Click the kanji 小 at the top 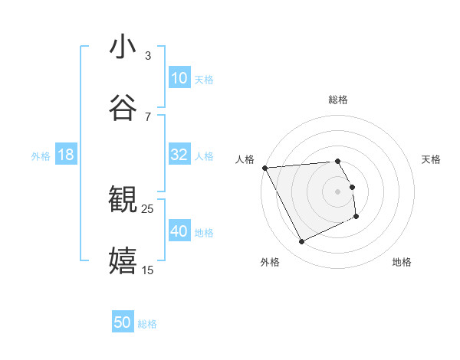pyautogui.click(x=123, y=47)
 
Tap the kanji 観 pyautogui.click(x=123, y=200)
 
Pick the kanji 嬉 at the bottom pyautogui.click(x=123, y=260)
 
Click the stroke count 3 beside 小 pyautogui.click(x=148, y=56)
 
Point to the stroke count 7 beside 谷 pyautogui.click(x=148, y=116)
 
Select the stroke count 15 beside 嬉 pyautogui.click(x=148, y=270)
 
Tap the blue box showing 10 pyautogui.click(x=179, y=78)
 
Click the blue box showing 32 pyautogui.click(x=179, y=155)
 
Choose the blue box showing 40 pyautogui.click(x=179, y=231)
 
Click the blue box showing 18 pyautogui.click(x=66, y=155)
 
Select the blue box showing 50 pyautogui.click(x=123, y=322)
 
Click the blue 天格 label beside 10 pyautogui.click(x=204, y=79)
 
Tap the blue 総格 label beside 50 pyautogui.click(x=147, y=324)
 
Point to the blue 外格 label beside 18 pyautogui.click(x=41, y=155)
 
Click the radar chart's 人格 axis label pyautogui.click(x=245, y=159)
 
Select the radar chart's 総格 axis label pyautogui.click(x=338, y=100)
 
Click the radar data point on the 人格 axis pyautogui.click(x=264, y=168)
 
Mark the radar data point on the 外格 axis pyautogui.click(x=301, y=242)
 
